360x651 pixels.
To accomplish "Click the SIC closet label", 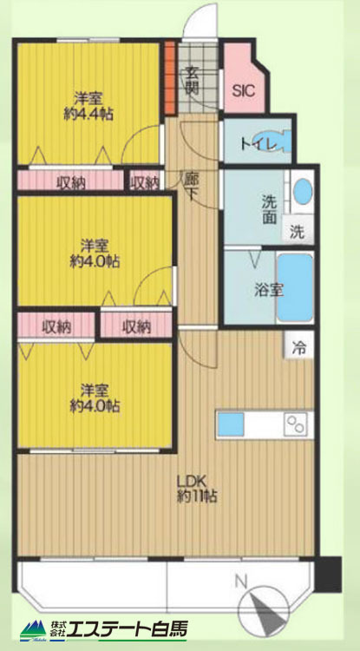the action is tap(244, 91).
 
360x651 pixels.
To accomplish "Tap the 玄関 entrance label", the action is tap(192, 80).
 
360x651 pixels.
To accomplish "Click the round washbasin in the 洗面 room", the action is tap(303, 192).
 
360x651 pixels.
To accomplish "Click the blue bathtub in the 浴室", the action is tap(295, 287).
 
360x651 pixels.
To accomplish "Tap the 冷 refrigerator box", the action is tap(298, 345).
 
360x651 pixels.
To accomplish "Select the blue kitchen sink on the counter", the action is tap(231, 424).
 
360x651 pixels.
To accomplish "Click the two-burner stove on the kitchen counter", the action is tap(296, 424).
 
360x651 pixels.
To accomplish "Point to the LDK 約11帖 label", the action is tap(197, 490).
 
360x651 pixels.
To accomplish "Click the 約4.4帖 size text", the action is tap(88, 114).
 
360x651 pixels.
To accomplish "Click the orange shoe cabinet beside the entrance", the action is tap(170, 77).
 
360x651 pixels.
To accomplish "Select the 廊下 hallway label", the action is tap(190, 187).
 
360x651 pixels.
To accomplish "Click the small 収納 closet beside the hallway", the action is tap(145, 181).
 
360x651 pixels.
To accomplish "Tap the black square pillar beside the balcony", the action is tap(329, 574).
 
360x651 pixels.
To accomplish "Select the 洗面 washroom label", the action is tap(269, 210).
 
